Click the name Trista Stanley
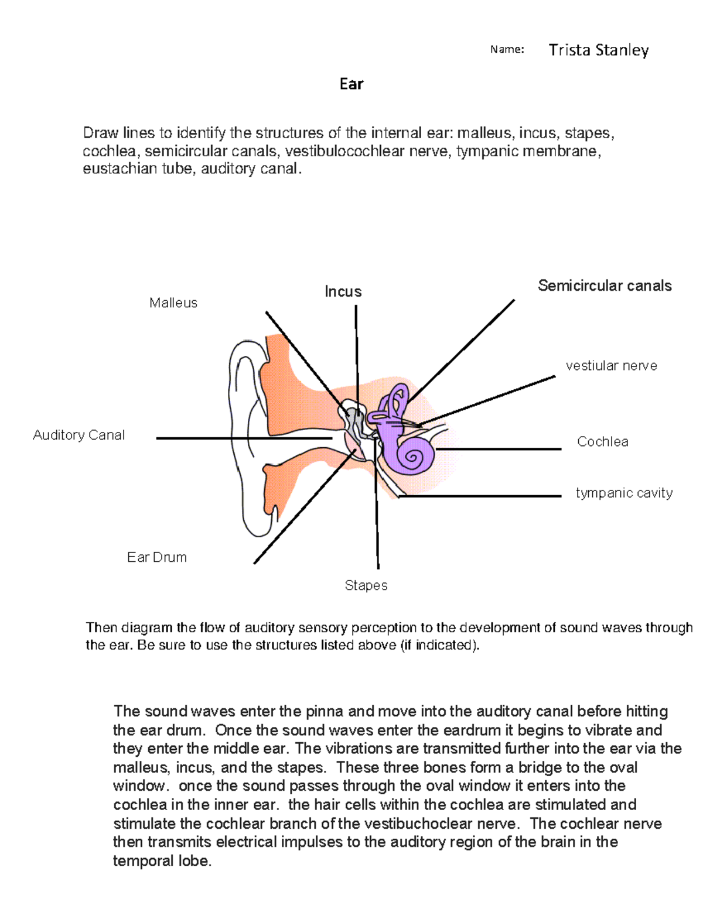tap(598, 50)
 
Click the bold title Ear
tap(351, 84)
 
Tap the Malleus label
tap(173, 303)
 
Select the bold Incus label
tap(343, 291)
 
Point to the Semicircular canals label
tap(605, 286)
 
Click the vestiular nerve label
tap(611, 366)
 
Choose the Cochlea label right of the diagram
tap(602, 442)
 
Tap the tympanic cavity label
tap(624, 493)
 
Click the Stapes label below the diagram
tap(366, 585)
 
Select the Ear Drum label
tap(157, 557)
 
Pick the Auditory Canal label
tap(79, 435)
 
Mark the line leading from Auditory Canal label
tap(234, 438)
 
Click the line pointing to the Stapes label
tap(377, 527)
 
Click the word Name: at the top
tap(507, 50)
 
